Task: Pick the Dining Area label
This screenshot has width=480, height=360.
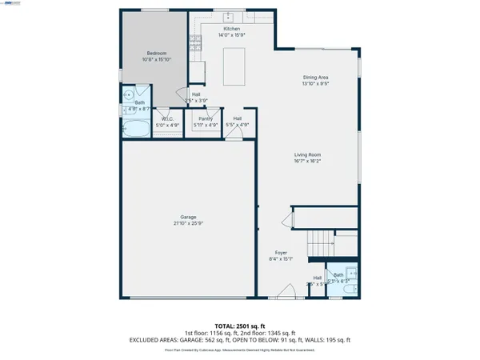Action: click(x=315, y=78)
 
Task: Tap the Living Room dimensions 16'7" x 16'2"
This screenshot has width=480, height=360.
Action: click(x=307, y=161)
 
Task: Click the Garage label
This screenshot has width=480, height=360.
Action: click(x=188, y=216)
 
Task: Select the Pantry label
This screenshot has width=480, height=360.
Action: click(x=206, y=118)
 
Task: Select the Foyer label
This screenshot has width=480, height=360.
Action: click(x=282, y=253)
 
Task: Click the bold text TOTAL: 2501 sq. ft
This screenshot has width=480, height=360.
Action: click(x=240, y=326)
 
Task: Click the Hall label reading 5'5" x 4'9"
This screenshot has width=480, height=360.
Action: click(x=238, y=121)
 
